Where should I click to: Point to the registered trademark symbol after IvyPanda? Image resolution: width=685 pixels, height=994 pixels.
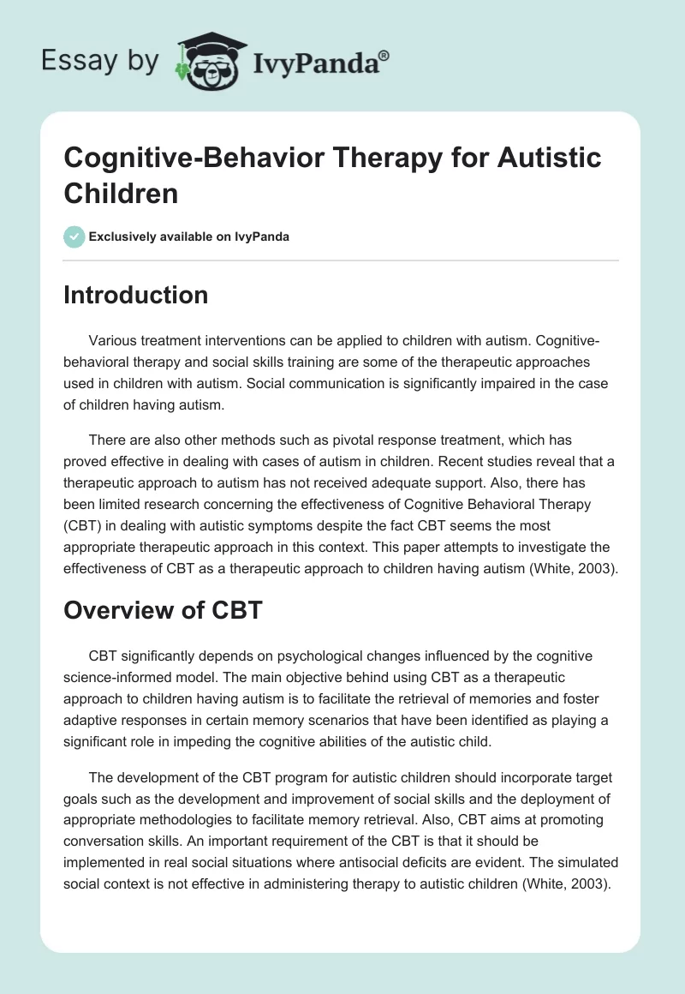(384, 55)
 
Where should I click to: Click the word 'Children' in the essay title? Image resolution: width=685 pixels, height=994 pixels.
(121, 193)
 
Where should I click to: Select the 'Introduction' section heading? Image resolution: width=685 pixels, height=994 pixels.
(136, 295)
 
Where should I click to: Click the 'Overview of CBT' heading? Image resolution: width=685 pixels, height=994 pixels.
(162, 610)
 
